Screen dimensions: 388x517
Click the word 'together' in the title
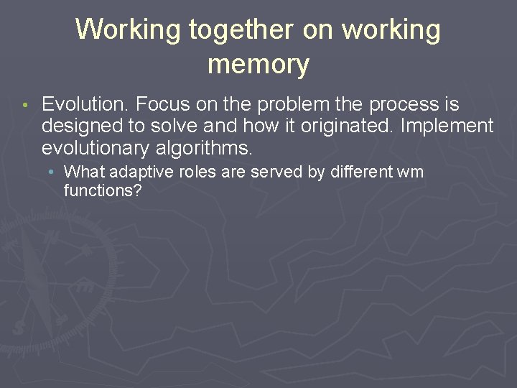coord(241,30)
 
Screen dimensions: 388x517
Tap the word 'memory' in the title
coord(258,65)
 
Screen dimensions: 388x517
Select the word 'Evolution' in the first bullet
coord(85,105)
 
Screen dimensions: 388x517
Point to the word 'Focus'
coord(162,105)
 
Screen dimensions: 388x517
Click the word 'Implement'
coord(447,127)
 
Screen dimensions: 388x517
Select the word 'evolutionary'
coord(94,149)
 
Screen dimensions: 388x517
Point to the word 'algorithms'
coord(203,149)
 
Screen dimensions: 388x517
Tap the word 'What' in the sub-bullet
coord(81,172)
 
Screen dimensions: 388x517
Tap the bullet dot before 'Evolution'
coord(24,106)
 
